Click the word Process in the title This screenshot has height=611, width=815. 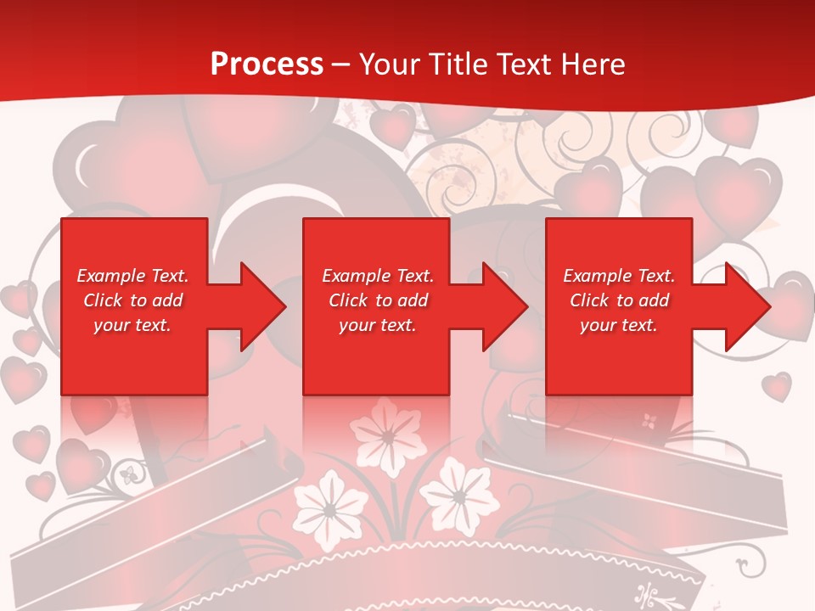click(x=267, y=64)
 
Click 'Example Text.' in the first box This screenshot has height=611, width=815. click(x=132, y=276)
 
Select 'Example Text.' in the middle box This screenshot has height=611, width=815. click(x=378, y=276)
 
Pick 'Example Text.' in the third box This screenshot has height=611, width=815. click(x=619, y=276)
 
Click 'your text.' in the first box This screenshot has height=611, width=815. click(x=132, y=325)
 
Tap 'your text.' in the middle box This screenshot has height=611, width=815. click(x=378, y=325)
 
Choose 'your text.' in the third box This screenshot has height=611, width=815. click(x=619, y=325)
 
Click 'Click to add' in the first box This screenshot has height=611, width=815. click(x=132, y=300)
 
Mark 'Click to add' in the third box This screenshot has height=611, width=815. click(x=619, y=300)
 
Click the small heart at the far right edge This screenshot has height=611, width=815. click(x=776, y=386)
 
